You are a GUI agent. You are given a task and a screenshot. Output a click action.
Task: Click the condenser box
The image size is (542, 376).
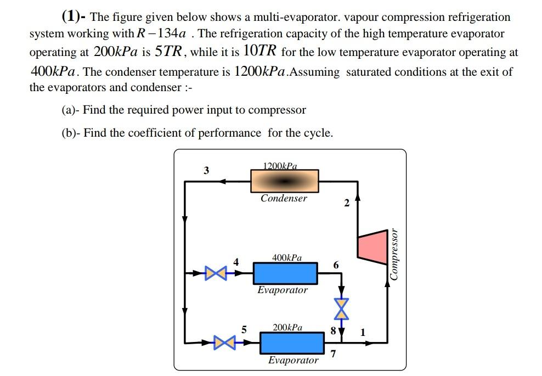point(284,181)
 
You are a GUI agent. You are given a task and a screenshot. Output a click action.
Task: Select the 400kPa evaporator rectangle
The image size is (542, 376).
point(285,273)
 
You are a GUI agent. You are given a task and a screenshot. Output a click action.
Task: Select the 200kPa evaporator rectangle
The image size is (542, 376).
point(291,343)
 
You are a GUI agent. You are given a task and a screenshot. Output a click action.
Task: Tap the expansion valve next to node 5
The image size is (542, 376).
point(223,343)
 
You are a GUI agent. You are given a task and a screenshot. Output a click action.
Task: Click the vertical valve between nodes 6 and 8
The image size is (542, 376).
point(342,309)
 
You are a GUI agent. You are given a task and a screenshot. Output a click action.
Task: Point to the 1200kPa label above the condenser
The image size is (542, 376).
point(280,165)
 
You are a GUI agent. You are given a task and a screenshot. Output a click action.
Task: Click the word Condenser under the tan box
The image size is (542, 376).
point(284,199)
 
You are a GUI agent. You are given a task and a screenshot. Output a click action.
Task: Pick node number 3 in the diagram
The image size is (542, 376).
point(206,170)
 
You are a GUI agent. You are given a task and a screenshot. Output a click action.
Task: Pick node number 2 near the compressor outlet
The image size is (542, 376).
point(346,204)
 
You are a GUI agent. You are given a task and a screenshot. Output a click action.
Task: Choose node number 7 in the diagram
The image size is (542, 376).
point(333,354)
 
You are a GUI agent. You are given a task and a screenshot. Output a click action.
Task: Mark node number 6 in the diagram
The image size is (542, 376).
point(336,266)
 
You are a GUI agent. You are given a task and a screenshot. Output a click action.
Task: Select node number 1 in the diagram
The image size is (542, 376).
point(362,332)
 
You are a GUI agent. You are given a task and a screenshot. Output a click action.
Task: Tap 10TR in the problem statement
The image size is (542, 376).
point(261,52)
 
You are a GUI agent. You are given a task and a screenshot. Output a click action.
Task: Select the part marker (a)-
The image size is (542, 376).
point(70,110)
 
